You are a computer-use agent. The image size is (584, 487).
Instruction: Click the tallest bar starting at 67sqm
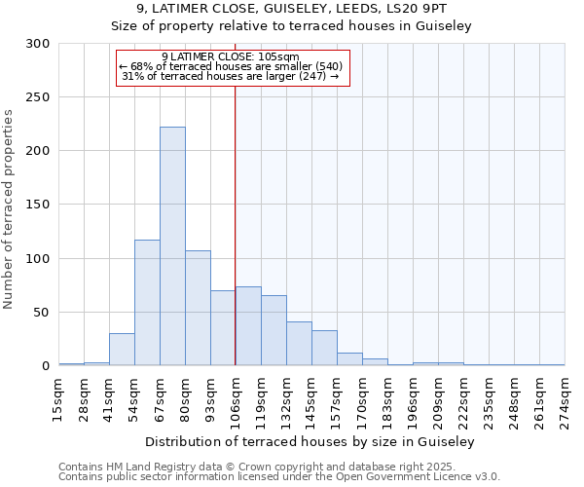tap(172, 246)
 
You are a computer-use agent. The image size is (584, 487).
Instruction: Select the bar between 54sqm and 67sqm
tap(147, 302)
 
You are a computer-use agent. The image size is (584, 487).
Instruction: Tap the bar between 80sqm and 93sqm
tap(198, 308)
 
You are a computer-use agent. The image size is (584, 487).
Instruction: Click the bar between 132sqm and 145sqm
tap(299, 344)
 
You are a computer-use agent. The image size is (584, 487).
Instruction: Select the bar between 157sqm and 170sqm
tap(349, 358)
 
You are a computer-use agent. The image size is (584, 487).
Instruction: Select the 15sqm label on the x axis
tap(59, 395)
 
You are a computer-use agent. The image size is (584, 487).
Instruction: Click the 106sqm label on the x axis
tap(237, 398)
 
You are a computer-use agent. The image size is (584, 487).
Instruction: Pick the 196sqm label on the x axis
tap(414, 398)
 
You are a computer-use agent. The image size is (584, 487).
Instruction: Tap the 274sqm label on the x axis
tap(566, 398)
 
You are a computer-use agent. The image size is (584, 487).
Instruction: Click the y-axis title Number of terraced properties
tap(9, 209)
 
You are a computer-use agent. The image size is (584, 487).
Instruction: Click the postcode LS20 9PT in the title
tap(419, 10)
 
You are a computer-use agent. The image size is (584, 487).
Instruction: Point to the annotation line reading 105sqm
tap(231, 56)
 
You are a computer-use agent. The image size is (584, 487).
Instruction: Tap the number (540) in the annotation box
tap(326, 66)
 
